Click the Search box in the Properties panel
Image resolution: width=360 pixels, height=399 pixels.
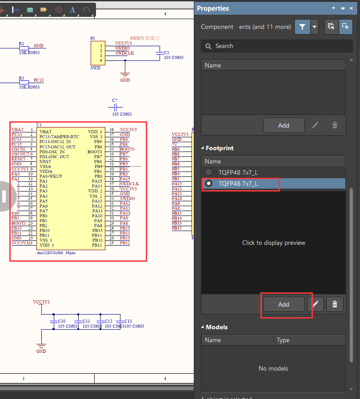coord(276,46)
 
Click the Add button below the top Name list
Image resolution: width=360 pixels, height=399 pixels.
coord(284,125)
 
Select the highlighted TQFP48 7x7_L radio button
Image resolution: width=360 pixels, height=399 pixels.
coord(208,184)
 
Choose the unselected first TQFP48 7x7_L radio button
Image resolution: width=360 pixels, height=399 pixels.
coord(208,172)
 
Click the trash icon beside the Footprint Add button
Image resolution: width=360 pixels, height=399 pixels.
coord(335,304)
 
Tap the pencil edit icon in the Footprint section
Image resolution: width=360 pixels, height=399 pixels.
coord(316,304)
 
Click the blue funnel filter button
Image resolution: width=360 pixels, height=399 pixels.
coord(302,27)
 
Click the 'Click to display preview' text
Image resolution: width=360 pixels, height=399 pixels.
coord(273,243)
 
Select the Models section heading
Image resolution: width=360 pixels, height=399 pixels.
coord(216,327)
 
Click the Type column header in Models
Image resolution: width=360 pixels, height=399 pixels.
coord(283,340)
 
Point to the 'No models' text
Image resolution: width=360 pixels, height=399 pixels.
coord(273,368)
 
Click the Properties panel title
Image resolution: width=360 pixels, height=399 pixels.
coord(213,8)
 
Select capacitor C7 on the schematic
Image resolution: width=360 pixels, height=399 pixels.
coord(115,107)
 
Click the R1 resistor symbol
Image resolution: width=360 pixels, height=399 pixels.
coord(24,48)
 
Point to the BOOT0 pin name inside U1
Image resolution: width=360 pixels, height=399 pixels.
coord(95,152)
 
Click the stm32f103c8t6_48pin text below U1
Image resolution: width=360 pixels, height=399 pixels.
coord(56,252)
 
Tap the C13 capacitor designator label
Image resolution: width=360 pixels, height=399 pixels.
coord(128,321)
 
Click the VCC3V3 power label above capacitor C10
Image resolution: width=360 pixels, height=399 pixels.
coord(41,302)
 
